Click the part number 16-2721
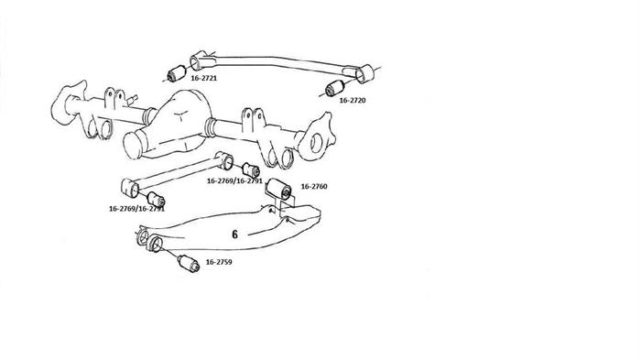203,78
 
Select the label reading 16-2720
353,100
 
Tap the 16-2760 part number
314,187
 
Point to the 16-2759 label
219,262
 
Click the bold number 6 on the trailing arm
234,235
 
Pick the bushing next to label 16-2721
177,73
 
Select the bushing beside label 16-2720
335,87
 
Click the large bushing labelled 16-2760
278,189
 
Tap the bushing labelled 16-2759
189,263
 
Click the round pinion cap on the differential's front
133,145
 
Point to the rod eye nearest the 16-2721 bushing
198,60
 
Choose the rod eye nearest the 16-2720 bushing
364,73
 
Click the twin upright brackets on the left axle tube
114,98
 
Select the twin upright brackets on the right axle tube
252,119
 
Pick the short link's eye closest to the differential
224,160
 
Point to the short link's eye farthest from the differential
130,188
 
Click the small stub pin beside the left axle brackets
132,99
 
